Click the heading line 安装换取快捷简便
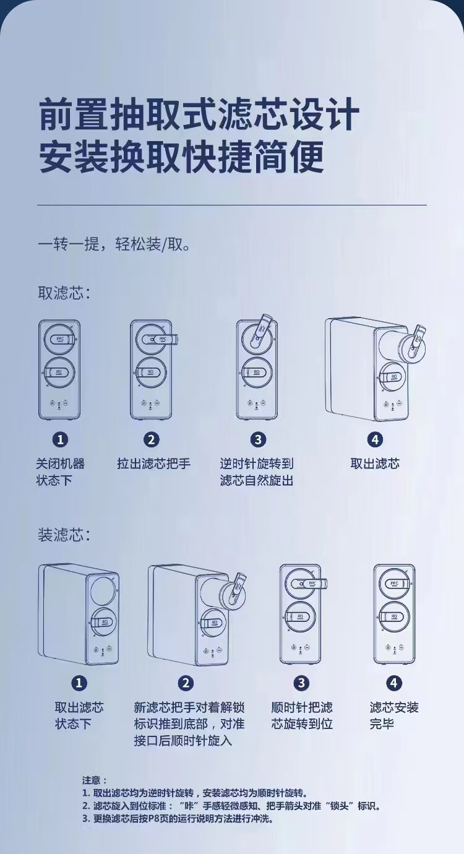click(x=181, y=158)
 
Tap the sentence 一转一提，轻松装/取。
click(x=114, y=244)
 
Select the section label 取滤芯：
click(x=64, y=293)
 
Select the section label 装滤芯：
click(x=64, y=535)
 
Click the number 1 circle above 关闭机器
click(x=60, y=440)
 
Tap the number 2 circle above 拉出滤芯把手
click(x=152, y=440)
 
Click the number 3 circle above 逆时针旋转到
click(x=258, y=440)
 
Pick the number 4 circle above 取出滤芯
click(x=375, y=440)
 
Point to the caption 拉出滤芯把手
click(x=154, y=464)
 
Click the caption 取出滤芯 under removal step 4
click(x=375, y=464)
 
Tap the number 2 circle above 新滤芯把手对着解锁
click(x=186, y=683)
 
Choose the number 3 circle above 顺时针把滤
click(x=301, y=683)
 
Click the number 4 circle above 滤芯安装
click(x=394, y=683)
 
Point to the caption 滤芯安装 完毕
click(x=394, y=715)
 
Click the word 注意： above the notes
click(x=95, y=780)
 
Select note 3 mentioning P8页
click(x=177, y=818)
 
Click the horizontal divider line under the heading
click(x=232, y=205)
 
